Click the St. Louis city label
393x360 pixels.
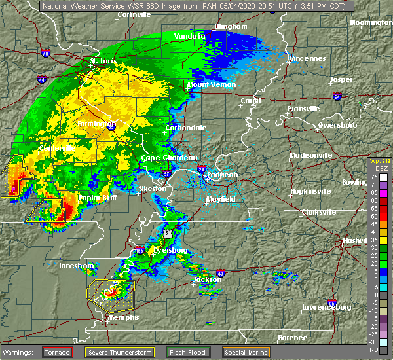103,62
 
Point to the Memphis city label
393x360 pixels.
124,317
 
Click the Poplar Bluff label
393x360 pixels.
97,197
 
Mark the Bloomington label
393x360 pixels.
371,22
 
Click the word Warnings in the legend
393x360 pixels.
20,352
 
